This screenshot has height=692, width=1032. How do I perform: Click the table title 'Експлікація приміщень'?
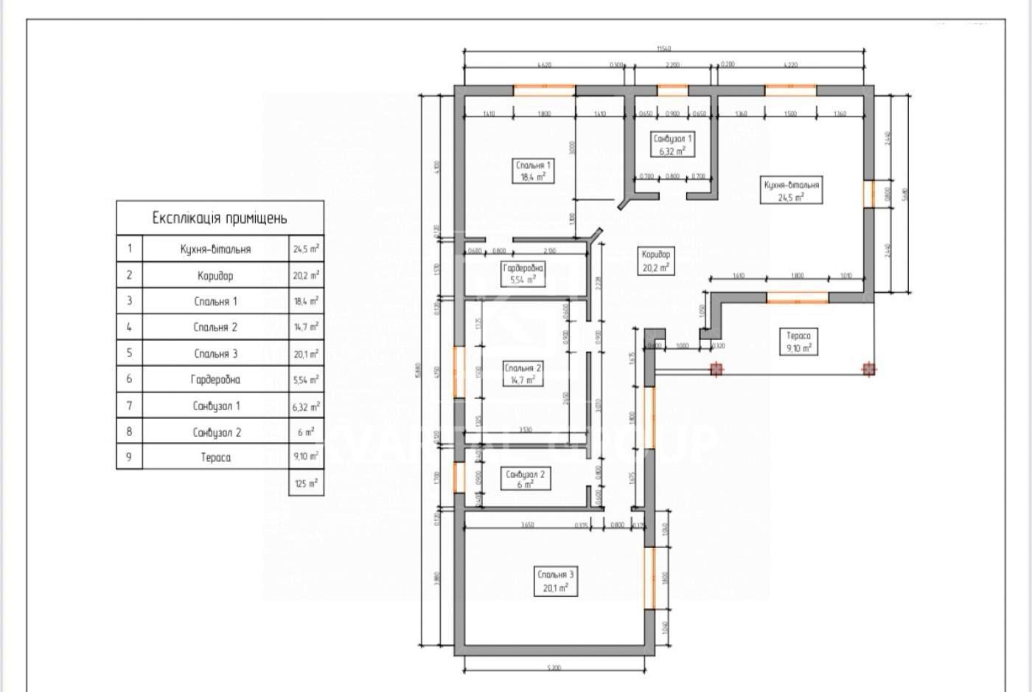(220, 218)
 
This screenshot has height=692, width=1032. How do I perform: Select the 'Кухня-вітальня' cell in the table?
(215, 249)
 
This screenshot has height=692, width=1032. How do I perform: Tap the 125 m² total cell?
(306, 484)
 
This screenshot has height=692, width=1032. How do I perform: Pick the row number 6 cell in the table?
(129, 379)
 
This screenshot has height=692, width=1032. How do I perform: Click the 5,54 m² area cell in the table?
(306, 380)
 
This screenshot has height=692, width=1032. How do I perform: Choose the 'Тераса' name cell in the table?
(215, 457)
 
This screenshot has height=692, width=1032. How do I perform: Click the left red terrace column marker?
(716, 369)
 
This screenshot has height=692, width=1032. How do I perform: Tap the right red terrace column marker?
(869, 369)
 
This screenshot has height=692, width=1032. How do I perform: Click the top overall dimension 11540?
(663, 49)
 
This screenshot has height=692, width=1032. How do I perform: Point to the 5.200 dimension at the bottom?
(554, 668)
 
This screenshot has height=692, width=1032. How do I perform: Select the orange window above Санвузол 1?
(672, 91)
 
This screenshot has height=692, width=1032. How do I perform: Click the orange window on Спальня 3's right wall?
(649, 578)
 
